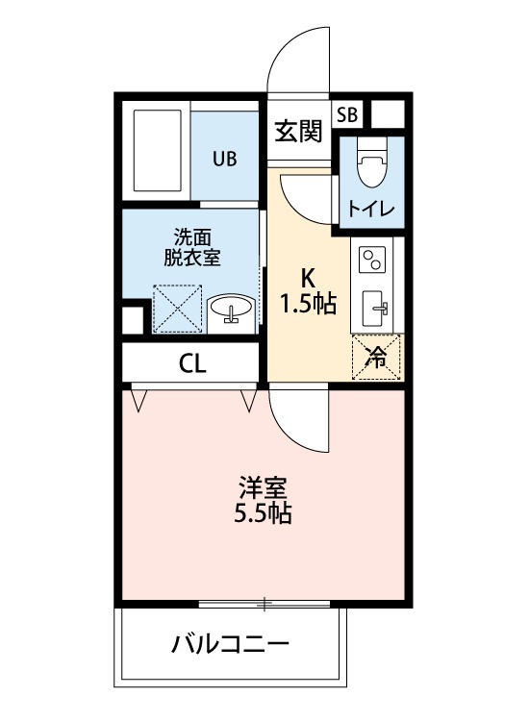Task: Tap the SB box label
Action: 346,113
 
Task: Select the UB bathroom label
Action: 224,159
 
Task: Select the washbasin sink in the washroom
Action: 231,310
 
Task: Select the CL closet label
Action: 192,363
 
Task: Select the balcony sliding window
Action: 264,604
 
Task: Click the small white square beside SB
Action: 387,114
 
